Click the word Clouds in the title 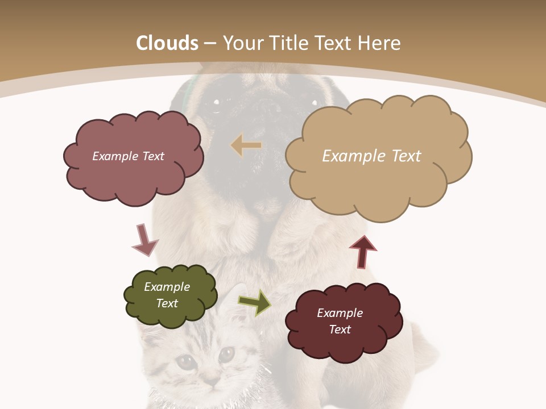click(x=167, y=43)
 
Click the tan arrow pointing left click(x=246, y=145)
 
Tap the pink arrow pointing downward click(x=144, y=240)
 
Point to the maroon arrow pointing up click(x=363, y=252)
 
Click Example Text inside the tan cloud click(x=371, y=156)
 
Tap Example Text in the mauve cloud click(x=128, y=156)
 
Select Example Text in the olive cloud click(x=167, y=295)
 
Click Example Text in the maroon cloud click(x=340, y=321)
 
